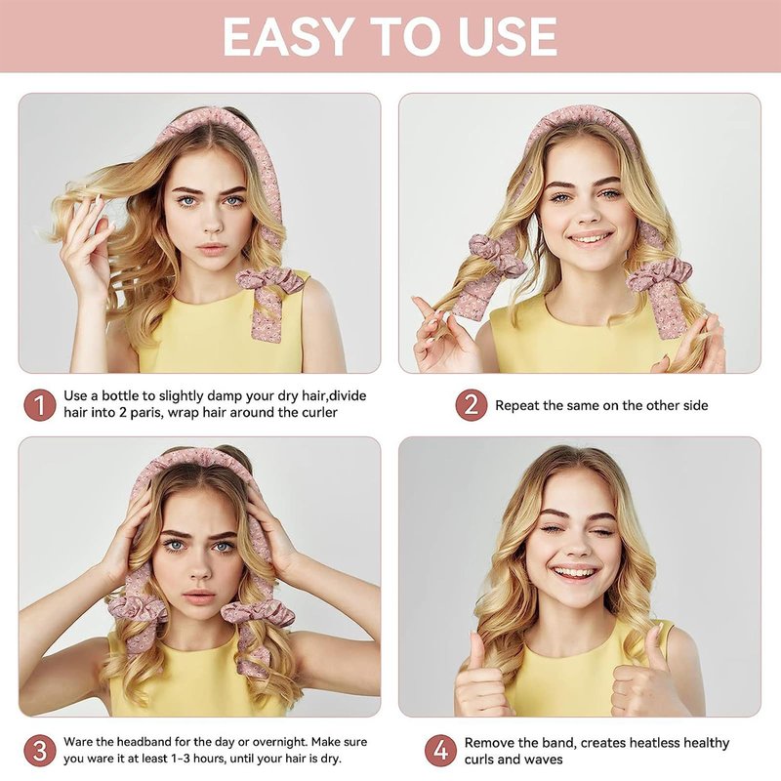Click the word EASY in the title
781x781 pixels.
pos(287,37)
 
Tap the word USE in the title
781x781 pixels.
pos(508,37)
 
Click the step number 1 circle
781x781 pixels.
pos(40,404)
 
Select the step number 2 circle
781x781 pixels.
pos(471,404)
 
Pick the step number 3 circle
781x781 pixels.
pos(40,750)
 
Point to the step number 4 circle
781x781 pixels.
pos(441,750)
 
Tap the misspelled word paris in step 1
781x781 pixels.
pos(145,413)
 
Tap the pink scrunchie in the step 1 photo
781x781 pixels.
pos(269,280)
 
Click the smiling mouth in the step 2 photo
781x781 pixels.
pos(591,238)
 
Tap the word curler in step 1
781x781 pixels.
pos(319,413)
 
